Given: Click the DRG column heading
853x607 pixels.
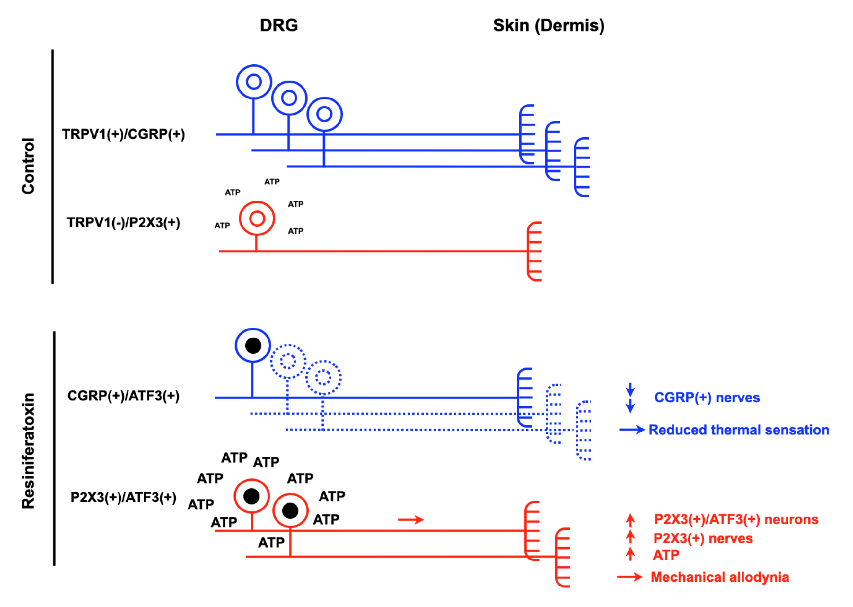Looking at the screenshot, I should click(279, 25).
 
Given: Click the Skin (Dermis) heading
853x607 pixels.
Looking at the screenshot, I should click(549, 25).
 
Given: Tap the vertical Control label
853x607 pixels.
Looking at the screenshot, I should click(28, 166).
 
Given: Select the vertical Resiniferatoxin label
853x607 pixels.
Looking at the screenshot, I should click(28, 450).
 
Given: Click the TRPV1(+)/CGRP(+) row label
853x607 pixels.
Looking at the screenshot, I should click(123, 134).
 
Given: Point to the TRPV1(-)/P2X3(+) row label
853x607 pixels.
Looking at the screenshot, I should click(123, 222).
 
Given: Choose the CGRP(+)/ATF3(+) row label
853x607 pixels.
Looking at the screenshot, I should click(123, 396).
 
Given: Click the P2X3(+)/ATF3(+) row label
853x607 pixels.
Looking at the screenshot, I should click(123, 498).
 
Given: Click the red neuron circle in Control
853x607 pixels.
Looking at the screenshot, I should click(257, 219).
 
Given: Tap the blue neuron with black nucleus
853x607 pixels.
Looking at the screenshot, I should click(253, 346).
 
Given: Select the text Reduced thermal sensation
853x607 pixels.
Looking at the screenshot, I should click(739, 430).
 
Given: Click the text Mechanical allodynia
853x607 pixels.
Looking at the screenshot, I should click(720, 577).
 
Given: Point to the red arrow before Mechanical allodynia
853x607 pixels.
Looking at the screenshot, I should click(630, 577).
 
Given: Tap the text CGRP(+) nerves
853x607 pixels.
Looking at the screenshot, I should click(707, 397).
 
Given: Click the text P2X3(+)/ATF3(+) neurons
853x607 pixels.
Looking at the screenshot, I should click(736, 519).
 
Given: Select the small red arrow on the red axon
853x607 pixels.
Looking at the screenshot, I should click(410, 519).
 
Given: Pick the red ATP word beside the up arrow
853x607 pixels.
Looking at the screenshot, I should click(666, 555).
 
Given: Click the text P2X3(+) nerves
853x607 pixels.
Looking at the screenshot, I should click(703, 539).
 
